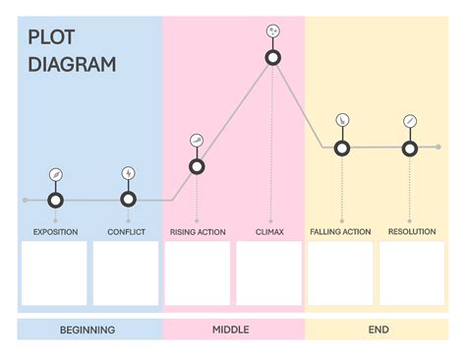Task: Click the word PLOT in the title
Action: (51, 39)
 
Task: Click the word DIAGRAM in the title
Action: (72, 65)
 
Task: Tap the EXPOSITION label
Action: (55, 232)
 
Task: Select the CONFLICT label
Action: (127, 232)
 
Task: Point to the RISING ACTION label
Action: (198, 232)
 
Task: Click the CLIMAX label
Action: (269, 232)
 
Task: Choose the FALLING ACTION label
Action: (340, 232)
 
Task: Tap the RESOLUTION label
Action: (412, 232)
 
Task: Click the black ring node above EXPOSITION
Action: (56, 200)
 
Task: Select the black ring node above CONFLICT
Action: (129, 200)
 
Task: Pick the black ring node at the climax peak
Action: (274, 58)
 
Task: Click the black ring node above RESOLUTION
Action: (410, 149)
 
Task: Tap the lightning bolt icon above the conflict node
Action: (129, 174)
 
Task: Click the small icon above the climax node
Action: (274, 31)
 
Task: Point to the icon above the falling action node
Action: (341, 120)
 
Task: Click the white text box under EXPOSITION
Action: (55, 272)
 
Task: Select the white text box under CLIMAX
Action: (269, 272)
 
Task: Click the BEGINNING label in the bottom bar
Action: (87, 330)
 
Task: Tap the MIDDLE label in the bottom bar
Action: (231, 330)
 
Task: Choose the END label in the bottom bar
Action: (379, 330)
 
